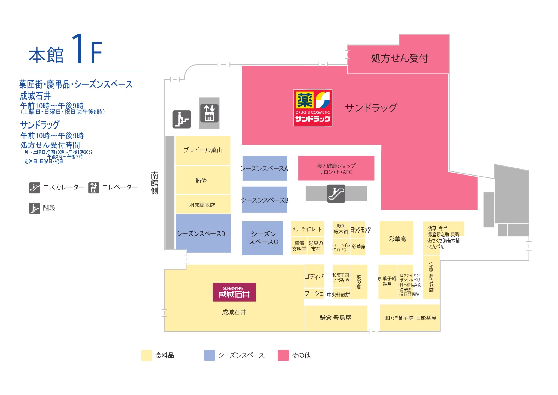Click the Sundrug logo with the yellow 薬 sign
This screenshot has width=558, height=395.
313,108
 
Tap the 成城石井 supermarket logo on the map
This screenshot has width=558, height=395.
234,292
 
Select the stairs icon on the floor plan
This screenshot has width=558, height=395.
182,119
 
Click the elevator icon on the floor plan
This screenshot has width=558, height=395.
209,113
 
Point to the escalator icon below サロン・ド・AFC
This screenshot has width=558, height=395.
336,194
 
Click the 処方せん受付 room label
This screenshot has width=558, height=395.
400,58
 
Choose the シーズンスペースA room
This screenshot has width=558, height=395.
265,168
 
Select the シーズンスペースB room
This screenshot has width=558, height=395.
265,200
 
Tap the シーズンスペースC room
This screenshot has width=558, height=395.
263,238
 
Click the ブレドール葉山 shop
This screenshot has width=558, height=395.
203,150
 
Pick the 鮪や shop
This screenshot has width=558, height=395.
203,180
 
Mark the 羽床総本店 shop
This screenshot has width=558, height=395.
203,204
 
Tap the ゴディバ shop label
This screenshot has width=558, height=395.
314,277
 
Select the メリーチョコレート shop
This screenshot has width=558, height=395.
307,229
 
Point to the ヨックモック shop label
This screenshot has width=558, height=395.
361,230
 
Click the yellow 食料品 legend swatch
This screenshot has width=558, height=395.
147,355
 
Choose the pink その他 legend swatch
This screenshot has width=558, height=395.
283,355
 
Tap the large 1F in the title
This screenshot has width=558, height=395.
87,49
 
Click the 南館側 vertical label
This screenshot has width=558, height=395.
154,183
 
